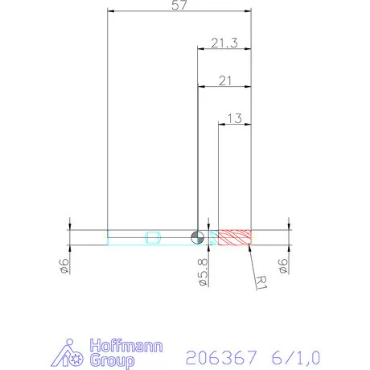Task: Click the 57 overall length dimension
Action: [x=179, y=6]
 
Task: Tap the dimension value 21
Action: [x=224, y=80]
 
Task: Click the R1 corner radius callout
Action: [x=261, y=281]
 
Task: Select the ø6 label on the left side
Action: [x=68, y=265]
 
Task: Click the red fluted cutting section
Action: [x=236, y=236]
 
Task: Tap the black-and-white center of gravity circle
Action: [x=197, y=236]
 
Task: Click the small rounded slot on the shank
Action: [x=154, y=236]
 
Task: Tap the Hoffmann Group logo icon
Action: [x=74, y=354]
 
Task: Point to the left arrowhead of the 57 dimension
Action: [x=111, y=11]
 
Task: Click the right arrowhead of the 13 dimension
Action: [x=249, y=124]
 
